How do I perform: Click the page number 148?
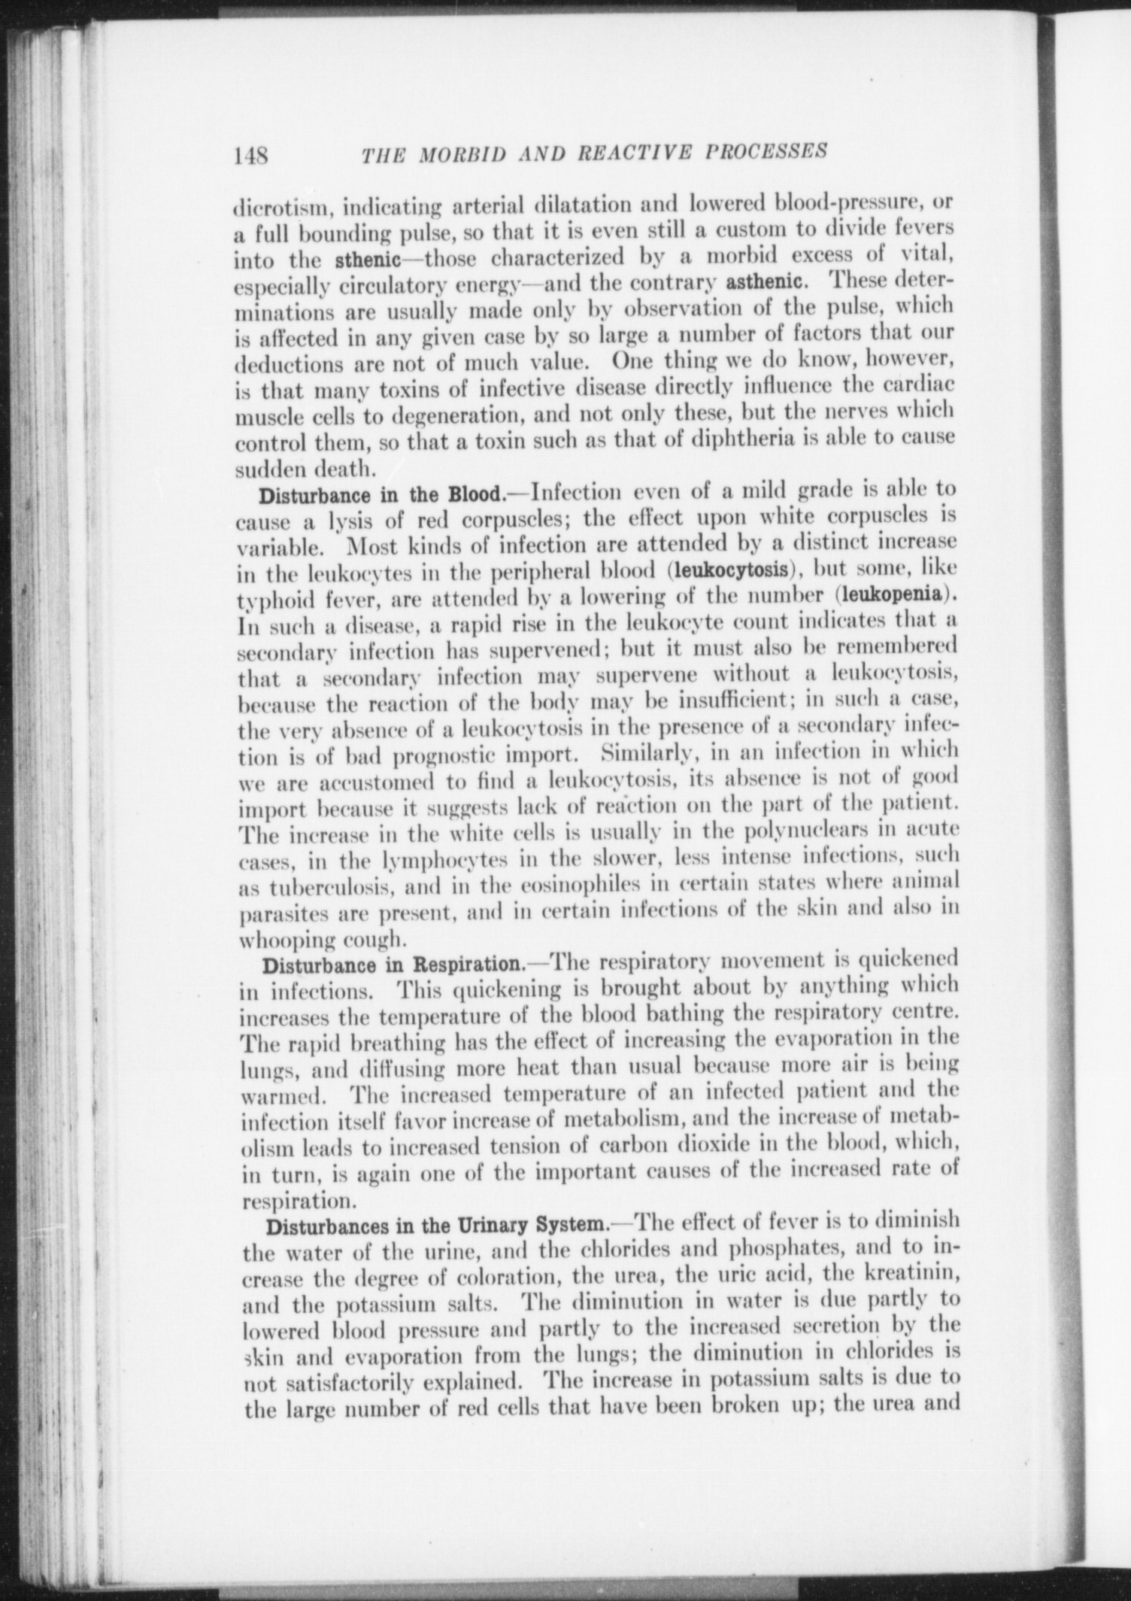251,156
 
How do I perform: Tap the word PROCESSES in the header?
766,150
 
